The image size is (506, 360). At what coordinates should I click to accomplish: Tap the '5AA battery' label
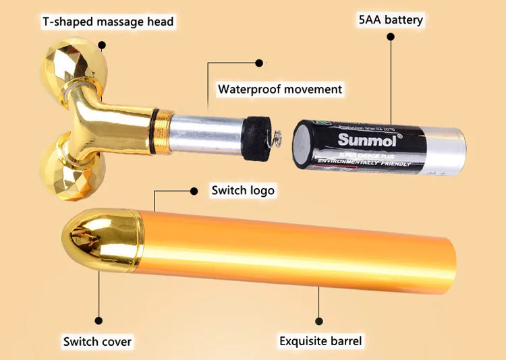(391, 19)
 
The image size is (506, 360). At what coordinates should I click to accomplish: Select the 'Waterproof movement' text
(280, 89)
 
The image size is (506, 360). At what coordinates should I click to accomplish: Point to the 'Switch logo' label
(243, 190)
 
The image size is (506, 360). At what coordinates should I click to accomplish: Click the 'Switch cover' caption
(98, 341)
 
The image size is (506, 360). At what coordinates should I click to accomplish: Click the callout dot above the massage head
(103, 47)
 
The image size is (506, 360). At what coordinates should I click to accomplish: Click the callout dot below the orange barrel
(320, 321)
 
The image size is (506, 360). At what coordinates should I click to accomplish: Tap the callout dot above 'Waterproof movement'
(258, 63)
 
